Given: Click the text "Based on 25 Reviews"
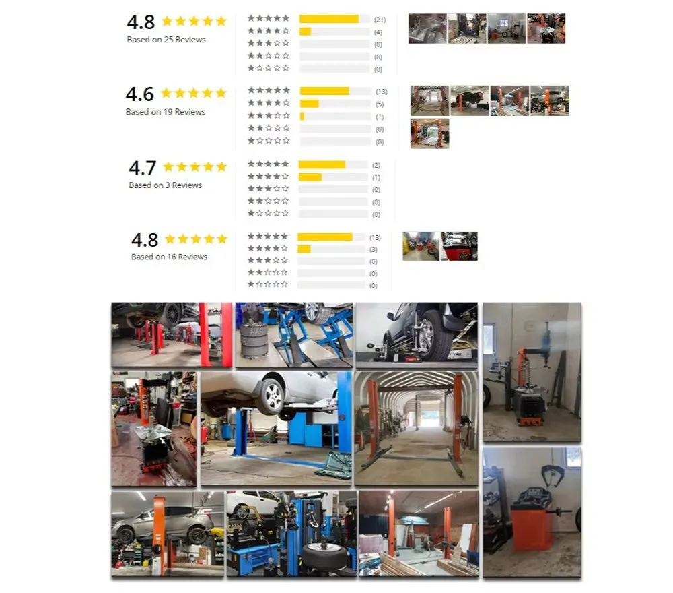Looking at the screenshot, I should [x=166, y=40].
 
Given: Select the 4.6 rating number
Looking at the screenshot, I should [x=139, y=94].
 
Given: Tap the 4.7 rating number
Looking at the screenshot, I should [x=142, y=167].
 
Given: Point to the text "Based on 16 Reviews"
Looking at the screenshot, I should [x=169, y=257].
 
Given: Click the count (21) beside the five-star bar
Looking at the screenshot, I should [x=380, y=20].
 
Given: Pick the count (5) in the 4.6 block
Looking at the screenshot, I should [x=380, y=104].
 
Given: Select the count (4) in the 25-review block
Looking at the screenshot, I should [x=378, y=32].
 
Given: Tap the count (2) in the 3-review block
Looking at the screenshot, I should [x=376, y=165].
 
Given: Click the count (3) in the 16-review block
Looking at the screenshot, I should [x=373, y=249].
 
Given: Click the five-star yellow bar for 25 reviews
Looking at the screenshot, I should [x=328, y=19].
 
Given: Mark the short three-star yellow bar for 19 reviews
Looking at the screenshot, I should [x=302, y=117].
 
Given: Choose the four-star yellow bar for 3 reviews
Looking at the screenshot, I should [x=310, y=177].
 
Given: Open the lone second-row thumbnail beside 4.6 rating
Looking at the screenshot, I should [x=429, y=133].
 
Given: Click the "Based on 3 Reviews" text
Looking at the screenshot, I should [x=166, y=185].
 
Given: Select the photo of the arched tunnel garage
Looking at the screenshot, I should [x=416, y=428].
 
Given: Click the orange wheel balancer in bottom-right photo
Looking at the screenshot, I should [x=532, y=526].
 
